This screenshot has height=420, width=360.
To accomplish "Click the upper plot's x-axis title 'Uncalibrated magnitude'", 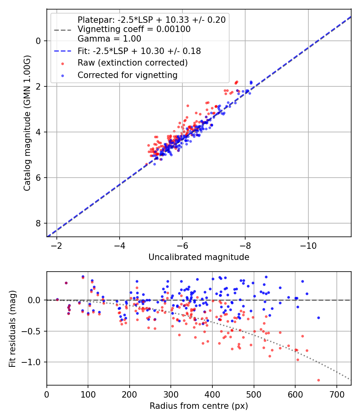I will click(x=199, y=257).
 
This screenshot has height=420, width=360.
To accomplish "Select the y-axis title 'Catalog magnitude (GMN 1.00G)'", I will click(x=27, y=123).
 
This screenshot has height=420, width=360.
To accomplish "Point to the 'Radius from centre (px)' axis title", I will click(x=199, y=406).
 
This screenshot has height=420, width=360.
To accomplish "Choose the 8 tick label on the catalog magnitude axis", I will click(x=38, y=223).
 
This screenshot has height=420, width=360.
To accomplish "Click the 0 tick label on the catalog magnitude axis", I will click(x=38, y=41).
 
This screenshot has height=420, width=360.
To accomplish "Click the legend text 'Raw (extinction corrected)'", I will click(x=132, y=63).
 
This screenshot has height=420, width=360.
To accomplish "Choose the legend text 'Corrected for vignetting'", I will click(x=127, y=75).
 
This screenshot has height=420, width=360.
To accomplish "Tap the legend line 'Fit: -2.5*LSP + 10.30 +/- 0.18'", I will click(x=63, y=51).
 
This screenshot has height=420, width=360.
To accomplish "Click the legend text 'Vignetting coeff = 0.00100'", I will click(x=134, y=29).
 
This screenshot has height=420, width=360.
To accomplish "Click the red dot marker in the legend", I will click(x=63, y=63).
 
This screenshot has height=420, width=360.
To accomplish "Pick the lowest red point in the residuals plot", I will click(x=318, y=380).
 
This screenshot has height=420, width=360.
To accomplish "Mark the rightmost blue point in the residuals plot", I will click(x=318, y=318).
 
